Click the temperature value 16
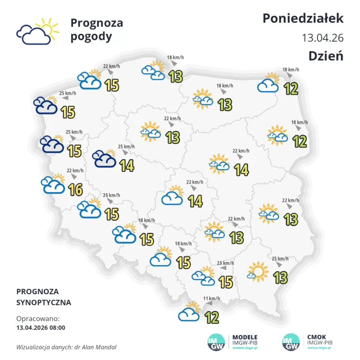tap(75, 190)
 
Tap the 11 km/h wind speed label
tap(212, 299)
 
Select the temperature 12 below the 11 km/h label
tap(212, 318)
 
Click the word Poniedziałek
tap(303, 18)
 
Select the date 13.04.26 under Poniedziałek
tap(322, 37)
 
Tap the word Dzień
tap(326, 56)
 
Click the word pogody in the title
tap(91, 37)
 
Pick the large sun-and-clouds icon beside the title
tap(37, 31)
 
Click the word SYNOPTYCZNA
tap(44, 303)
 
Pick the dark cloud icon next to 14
tap(105, 158)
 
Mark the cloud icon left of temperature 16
tap(53, 185)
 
